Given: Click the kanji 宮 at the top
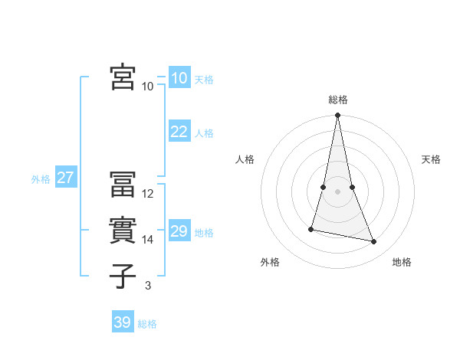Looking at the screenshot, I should pyautogui.click(x=123, y=77).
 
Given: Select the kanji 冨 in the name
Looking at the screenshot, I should pyautogui.click(x=123, y=185).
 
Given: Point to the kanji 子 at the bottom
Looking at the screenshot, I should pyautogui.click(x=123, y=277).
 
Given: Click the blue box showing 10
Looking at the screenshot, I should pyautogui.click(x=179, y=78).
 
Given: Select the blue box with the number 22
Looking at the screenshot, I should pyautogui.click(x=179, y=132).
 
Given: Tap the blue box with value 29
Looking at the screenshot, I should pyautogui.click(x=179, y=231).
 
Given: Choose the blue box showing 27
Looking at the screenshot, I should pyautogui.click(x=65, y=178).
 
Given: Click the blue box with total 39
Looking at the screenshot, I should pyautogui.click(x=122, y=322).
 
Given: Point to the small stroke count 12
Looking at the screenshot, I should pyautogui.click(x=148, y=194).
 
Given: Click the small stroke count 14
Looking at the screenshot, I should pyautogui.click(x=148, y=240).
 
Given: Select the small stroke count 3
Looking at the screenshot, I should pyautogui.click(x=148, y=286).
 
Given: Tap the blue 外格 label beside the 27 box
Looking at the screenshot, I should pyautogui.click(x=41, y=179).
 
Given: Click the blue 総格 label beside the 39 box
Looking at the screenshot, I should pyautogui.click(x=147, y=324).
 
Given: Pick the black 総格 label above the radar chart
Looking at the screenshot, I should pyautogui.click(x=338, y=100).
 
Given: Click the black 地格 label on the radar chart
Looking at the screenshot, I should pyautogui.click(x=402, y=262).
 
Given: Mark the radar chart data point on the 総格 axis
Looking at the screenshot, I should pyautogui.click(x=338, y=116).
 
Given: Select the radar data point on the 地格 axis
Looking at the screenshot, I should pyautogui.click(x=374, y=242).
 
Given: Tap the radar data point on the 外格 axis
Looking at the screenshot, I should pyautogui.click(x=311, y=229).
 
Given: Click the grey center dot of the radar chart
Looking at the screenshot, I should pyautogui.click(x=338, y=191).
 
